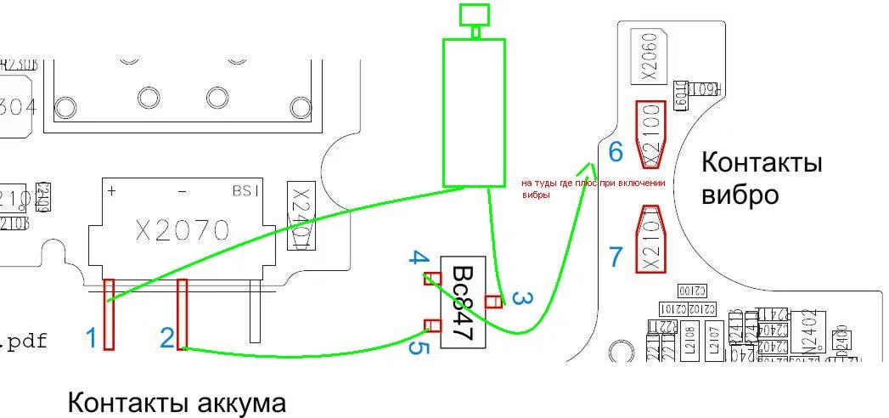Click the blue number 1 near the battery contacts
tap(91, 338)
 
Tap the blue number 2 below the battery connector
tap(168, 338)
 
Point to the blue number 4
tap(415, 257)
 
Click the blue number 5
tap(415, 347)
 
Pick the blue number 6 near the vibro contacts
tap(616, 152)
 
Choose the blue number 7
tap(616, 256)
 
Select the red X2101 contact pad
tap(651, 240)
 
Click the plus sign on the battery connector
tap(111, 191)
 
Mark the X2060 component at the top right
tap(650, 57)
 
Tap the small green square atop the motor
tap(474, 14)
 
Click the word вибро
tap(740, 195)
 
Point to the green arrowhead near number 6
tap(591, 167)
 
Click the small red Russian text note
tap(593, 188)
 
